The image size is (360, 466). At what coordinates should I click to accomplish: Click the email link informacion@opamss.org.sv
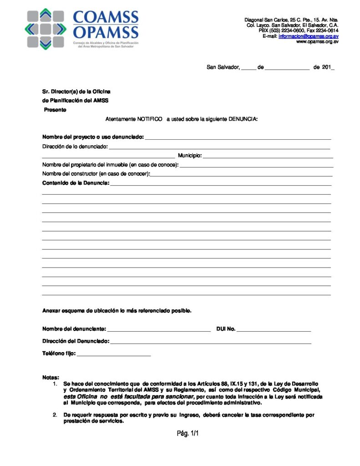click(308, 36)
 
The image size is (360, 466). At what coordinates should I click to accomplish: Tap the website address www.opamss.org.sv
click(317, 41)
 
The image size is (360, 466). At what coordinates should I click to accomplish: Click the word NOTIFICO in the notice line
click(150, 119)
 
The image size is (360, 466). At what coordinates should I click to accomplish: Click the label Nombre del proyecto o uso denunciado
click(93, 137)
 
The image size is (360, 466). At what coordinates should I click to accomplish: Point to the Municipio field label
click(189, 156)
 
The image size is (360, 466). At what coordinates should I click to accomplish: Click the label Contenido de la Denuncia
click(76, 183)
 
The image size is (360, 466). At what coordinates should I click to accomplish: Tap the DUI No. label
click(226, 329)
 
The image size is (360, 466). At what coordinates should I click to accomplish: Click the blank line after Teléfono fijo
click(114, 354)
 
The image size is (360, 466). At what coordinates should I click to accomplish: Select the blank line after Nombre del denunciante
click(159, 329)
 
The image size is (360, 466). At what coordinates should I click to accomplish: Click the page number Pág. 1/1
click(188, 433)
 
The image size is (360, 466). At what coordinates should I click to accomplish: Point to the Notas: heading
click(51, 378)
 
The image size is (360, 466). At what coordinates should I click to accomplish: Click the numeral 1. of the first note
click(55, 384)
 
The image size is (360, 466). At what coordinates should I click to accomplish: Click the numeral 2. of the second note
click(55, 415)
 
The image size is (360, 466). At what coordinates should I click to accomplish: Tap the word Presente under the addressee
click(55, 110)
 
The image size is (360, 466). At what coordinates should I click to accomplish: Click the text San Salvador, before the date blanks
click(223, 67)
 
